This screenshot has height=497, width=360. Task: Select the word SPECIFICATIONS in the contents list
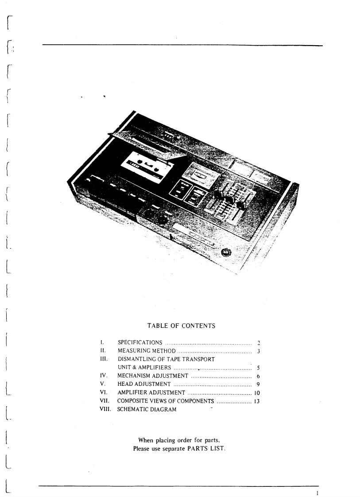(139, 342)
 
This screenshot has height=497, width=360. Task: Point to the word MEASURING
(132, 351)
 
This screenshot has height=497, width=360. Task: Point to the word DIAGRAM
(164, 409)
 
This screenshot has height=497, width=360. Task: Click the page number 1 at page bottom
(317, 492)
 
